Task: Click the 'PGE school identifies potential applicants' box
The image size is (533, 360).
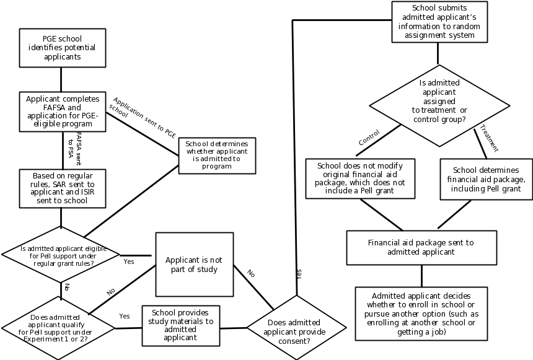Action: [x=61, y=48]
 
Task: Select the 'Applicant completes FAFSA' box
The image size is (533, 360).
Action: [x=61, y=112]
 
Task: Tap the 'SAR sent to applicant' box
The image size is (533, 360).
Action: [x=61, y=188]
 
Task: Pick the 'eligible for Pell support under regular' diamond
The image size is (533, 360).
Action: [x=61, y=255]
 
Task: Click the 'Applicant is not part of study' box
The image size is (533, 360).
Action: [x=194, y=265]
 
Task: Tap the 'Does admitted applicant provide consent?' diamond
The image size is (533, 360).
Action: [x=294, y=327]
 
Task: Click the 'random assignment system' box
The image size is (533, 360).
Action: [x=439, y=22]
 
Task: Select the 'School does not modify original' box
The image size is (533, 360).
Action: [x=360, y=178]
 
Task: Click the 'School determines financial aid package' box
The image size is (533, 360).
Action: [x=486, y=179]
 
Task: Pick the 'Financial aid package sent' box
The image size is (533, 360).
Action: [x=421, y=248]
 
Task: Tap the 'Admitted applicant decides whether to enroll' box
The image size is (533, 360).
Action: [x=421, y=313]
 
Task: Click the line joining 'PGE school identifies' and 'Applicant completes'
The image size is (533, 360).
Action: [x=61, y=79]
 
